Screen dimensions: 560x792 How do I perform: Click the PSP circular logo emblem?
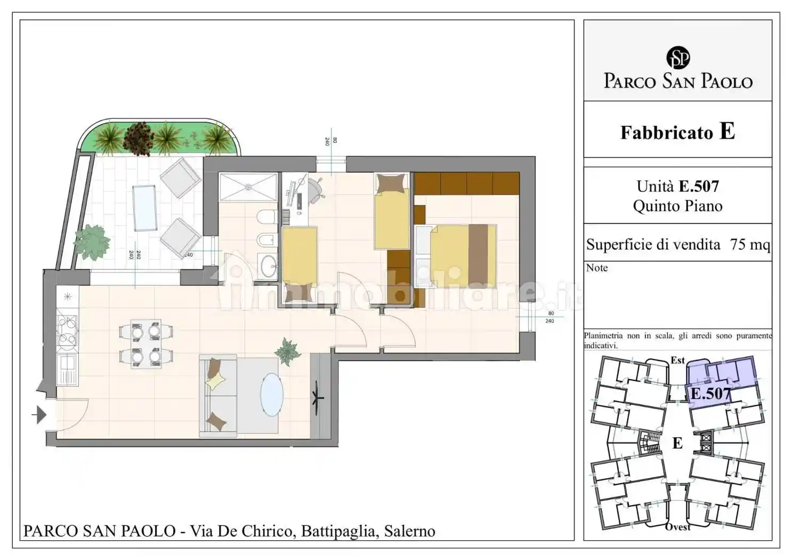click(x=677, y=58)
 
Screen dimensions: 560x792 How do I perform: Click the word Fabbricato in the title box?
click(x=666, y=132)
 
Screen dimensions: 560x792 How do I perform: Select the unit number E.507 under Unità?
click(x=698, y=186)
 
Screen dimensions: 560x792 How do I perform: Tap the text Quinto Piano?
click(x=677, y=206)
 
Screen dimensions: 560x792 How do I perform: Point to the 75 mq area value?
click(x=750, y=244)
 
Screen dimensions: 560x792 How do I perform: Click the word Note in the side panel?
click(x=596, y=268)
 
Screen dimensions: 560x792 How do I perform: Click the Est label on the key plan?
click(x=677, y=361)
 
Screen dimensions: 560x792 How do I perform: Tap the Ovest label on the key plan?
click(x=677, y=527)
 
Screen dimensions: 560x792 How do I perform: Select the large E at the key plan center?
click(x=677, y=443)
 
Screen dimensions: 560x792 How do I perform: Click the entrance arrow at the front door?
click(x=41, y=414)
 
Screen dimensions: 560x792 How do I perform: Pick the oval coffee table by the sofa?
click(x=272, y=394)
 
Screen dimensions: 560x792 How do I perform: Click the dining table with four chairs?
click(x=146, y=343)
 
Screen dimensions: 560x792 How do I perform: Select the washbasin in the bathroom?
click(x=268, y=265)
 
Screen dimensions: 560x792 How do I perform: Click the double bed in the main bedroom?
click(x=463, y=256)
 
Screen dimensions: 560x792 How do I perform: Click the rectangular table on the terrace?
click(x=144, y=207)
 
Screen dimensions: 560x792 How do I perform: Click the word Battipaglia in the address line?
click(x=337, y=531)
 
